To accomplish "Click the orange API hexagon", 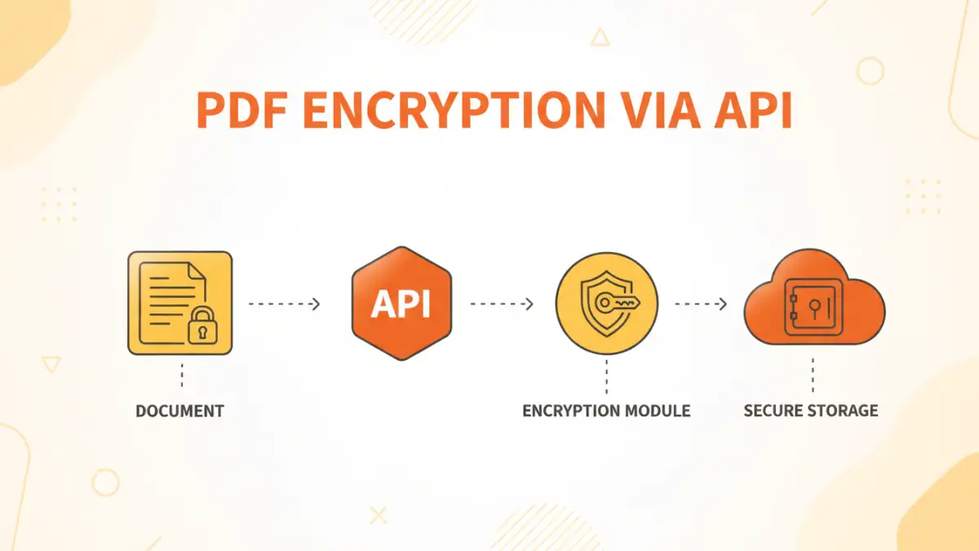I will pyautogui.click(x=401, y=303).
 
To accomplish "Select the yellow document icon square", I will pyautogui.click(x=179, y=303).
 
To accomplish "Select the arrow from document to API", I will pyautogui.click(x=284, y=304).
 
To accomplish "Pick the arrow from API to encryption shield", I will pyautogui.click(x=501, y=304).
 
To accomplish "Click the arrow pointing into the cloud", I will pyautogui.click(x=700, y=304).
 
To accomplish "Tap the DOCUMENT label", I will pyautogui.click(x=179, y=411).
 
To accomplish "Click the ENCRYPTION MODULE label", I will pyautogui.click(x=606, y=411).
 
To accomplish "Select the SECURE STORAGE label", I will pyautogui.click(x=811, y=411).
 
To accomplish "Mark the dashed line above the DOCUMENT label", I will pyautogui.click(x=180, y=375).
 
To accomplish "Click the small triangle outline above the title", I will pyautogui.click(x=600, y=37).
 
